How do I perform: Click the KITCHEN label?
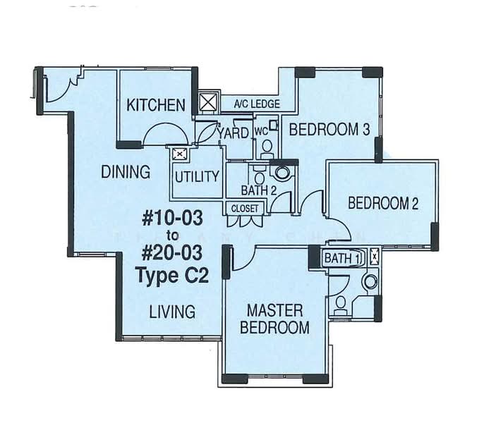[156, 106]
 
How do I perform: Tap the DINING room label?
[126, 172]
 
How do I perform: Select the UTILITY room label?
[197, 176]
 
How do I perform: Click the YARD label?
[233, 133]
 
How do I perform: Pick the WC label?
[260, 131]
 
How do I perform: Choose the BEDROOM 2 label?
[384, 204]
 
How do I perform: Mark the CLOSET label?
[245, 208]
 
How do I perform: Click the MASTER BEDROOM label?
[274, 319]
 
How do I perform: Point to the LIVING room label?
[172, 311]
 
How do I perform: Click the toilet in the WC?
[267, 147]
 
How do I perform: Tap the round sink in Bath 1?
[369, 282]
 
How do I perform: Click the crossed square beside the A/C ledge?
[209, 103]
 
